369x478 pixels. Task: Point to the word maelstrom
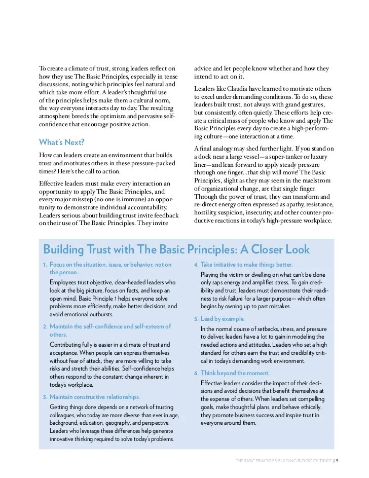click(315, 174)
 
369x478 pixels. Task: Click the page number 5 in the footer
click(337, 461)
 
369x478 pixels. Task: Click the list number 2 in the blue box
click(45, 326)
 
